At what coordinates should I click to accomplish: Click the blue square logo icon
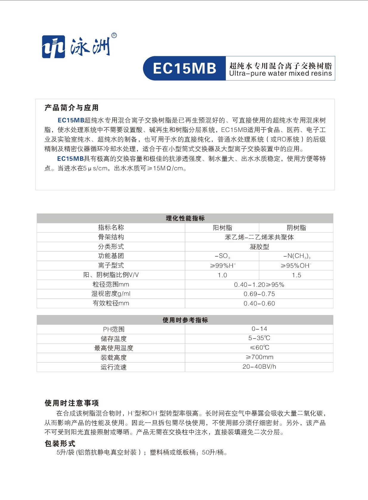pos(53,47)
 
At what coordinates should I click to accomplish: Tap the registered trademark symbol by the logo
pos(114,36)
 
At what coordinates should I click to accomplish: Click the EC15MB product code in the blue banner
pos(184,68)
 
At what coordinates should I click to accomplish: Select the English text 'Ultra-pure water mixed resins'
pos(280,74)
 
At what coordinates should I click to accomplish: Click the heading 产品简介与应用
pos(72,108)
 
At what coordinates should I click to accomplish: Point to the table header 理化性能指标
pos(185,218)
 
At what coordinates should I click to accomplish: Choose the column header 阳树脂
pos(222,228)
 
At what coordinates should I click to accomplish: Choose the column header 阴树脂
pos(296,228)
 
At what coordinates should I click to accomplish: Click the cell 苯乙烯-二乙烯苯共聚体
pos(259,237)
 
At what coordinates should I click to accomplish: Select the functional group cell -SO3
pos(222,256)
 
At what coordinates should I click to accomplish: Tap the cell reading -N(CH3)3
pos(296,256)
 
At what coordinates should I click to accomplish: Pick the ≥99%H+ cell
pos(223,266)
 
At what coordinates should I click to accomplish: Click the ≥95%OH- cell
pos(296,266)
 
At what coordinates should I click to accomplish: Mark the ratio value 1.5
pos(296,275)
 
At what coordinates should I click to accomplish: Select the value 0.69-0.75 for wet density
pos(259,294)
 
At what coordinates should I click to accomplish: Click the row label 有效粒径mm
pos(111,303)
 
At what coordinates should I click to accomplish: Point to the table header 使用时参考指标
pos(185,320)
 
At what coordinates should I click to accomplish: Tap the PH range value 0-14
pos(259,329)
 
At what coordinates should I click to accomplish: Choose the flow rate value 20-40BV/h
pos(259,367)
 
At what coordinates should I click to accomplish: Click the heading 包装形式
pos(60,443)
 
